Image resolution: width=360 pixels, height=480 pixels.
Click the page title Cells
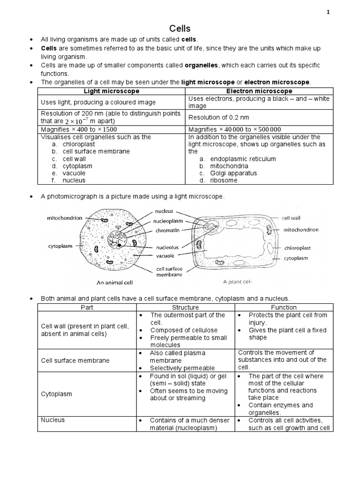pyautogui.click(x=180, y=29)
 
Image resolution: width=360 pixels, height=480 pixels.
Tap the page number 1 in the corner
pyautogui.click(x=328, y=12)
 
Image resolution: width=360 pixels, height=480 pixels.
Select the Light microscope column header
pyautogui.click(x=111, y=91)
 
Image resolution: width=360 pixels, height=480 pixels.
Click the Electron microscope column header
pyautogui.click(x=260, y=91)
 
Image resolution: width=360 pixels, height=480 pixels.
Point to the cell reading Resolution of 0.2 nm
pyautogui.click(x=218, y=117)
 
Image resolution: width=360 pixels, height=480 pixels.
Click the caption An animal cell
pyautogui.click(x=115, y=283)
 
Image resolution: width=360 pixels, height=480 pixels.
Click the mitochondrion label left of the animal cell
pyautogui.click(x=65, y=218)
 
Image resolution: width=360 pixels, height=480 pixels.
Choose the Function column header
pyautogui.click(x=284, y=307)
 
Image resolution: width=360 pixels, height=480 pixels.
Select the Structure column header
pyautogui.click(x=186, y=307)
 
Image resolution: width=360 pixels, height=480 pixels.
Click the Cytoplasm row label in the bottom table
pyautogui.click(x=56, y=394)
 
